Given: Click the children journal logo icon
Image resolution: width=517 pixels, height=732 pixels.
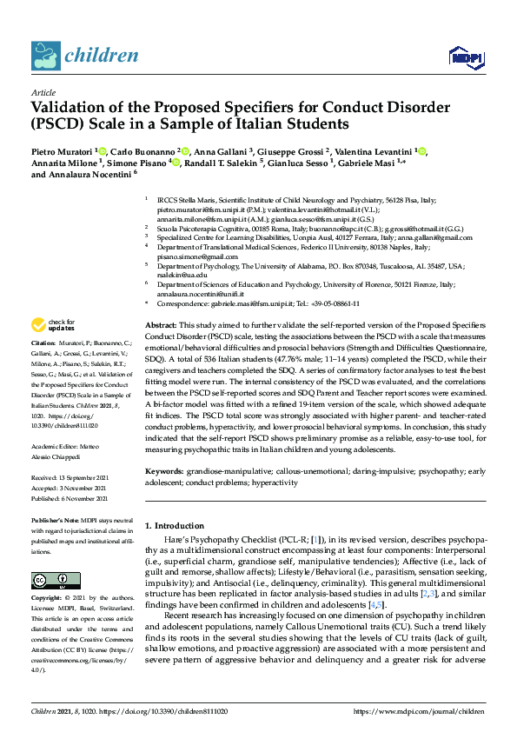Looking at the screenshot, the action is [46, 54].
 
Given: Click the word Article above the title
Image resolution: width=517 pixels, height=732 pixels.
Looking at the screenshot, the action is [43, 91].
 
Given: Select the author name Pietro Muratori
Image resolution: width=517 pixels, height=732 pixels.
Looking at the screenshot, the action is [63, 151].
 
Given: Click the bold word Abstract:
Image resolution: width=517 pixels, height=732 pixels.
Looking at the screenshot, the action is [161, 323].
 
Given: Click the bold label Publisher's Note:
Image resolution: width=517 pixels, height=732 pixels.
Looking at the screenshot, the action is [54, 520].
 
